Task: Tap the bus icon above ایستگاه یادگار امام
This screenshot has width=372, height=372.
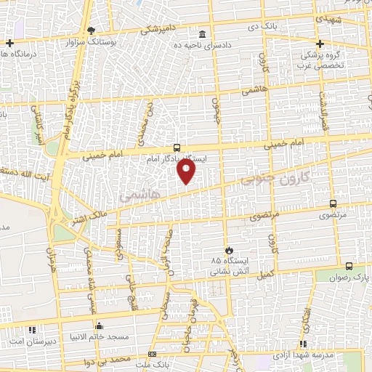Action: point(178,147)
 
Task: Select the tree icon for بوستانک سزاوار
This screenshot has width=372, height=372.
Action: point(91,30)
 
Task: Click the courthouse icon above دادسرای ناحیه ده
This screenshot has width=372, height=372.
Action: point(202,34)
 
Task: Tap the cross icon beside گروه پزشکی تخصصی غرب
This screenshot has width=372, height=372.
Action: point(319,44)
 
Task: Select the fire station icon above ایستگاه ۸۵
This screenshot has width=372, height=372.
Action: point(230,248)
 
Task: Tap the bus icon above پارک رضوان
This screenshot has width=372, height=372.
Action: point(349,267)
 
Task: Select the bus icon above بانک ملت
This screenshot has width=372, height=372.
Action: point(152,352)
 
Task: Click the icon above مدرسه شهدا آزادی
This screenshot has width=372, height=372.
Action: point(303,344)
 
